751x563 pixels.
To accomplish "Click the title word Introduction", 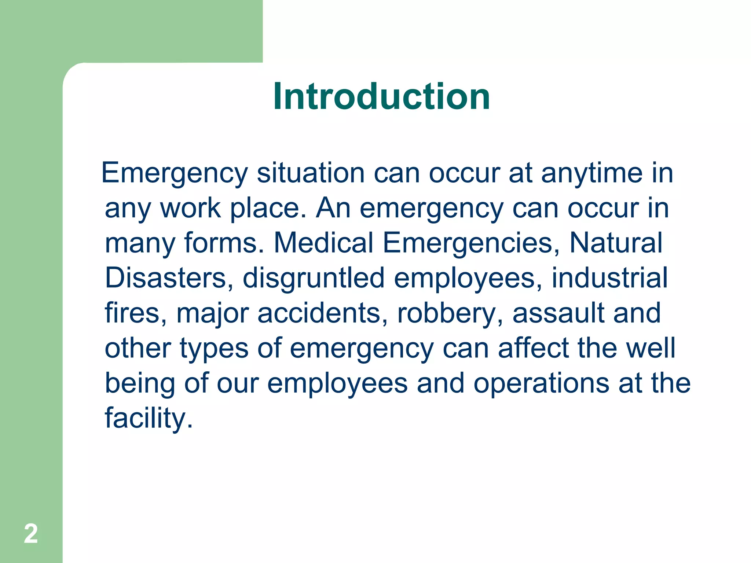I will coord(381,96).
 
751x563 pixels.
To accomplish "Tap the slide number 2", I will coord(31,534).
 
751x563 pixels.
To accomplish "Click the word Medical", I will coord(323,243).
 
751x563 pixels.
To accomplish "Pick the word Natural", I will coord(616,243).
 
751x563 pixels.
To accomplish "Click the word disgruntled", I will coord(314,278).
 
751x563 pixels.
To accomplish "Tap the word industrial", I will coord(609,278).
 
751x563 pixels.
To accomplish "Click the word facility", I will coord(149,418).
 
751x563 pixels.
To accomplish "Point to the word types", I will coord(214,348).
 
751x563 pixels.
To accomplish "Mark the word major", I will coord(213,313).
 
